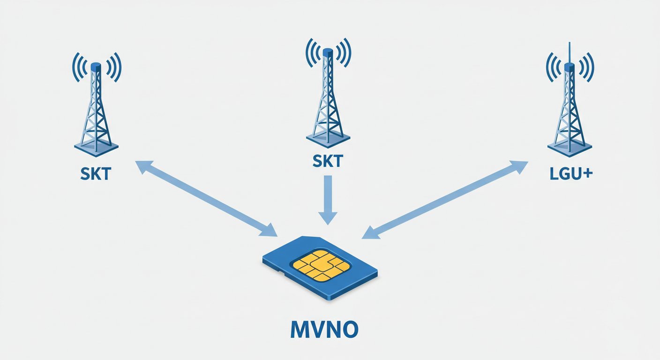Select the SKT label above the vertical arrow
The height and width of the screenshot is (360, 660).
click(x=328, y=161)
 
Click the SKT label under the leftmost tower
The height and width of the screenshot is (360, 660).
click(x=96, y=173)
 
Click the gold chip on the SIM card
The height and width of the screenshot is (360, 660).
click(x=322, y=266)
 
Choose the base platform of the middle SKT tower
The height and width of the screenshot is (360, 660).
click(x=328, y=138)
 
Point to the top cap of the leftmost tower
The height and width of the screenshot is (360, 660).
click(x=96, y=67)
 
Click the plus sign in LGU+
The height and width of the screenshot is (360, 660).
click(x=588, y=174)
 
